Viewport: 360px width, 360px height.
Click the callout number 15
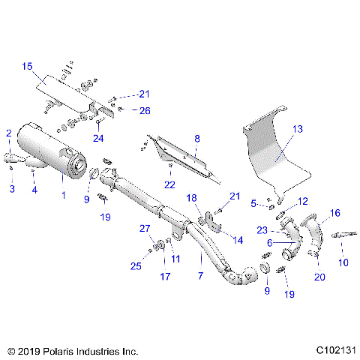[x=26, y=67]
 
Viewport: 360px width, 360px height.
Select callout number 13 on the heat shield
[x=297, y=129]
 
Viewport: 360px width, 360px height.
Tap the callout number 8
[x=197, y=138]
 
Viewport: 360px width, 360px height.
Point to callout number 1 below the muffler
[x=63, y=196]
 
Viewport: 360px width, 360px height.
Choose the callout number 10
[x=343, y=262]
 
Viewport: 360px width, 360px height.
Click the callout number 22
[x=169, y=184]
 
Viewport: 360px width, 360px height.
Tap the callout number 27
[x=145, y=229]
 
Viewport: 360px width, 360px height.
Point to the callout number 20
[x=320, y=277]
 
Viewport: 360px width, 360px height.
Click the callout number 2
[x=9, y=133]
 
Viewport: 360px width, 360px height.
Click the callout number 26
[x=145, y=110]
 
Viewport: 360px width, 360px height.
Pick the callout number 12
[x=303, y=201]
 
